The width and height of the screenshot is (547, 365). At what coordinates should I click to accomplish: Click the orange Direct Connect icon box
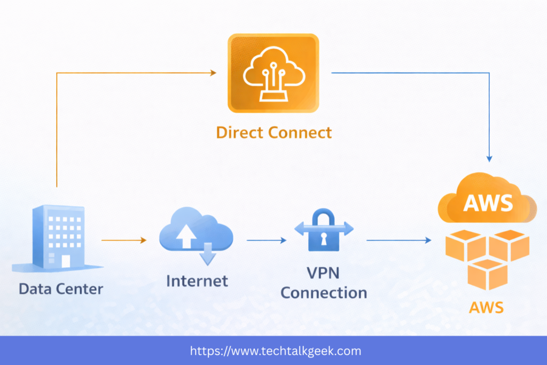pyautogui.click(x=273, y=73)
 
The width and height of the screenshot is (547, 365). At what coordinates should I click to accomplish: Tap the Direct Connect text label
pyautogui.click(x=273, y=133)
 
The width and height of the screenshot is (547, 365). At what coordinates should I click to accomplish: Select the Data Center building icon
pyautogui.click(x=59, y=238)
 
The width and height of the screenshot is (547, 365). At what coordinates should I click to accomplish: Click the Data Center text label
pyautogui.click(x=61, y=289)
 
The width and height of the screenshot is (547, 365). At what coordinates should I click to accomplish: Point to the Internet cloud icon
pyautogui.click(x=196, y=233)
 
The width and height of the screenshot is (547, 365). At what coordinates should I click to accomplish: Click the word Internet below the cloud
pyautogui.click(x=197, y=281)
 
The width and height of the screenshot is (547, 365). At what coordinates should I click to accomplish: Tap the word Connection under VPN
pyautogui.click(x=324, y=293)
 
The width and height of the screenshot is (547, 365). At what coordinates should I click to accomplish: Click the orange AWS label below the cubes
pyautogui.click(x=486, y=308)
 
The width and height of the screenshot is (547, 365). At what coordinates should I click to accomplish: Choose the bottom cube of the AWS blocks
pyautogui.click(x=487, y=274)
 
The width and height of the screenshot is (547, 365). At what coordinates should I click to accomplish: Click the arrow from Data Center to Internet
pyautogui.click(x=123, y=240)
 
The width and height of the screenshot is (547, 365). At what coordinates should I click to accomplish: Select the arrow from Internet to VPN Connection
pyautogui.click(x=266, y=240)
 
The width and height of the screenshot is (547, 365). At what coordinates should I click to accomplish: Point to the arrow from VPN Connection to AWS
pyautogui.click(x=398, y=240)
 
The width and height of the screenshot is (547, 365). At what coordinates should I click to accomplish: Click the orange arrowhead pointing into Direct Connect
pyautogui.click(x=213, y=73)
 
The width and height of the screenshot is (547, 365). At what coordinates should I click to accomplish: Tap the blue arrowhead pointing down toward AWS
pyautogui.click(x=489, y=158)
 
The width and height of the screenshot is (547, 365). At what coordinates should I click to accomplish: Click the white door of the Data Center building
pyautogui.click(x=66, y=261)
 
